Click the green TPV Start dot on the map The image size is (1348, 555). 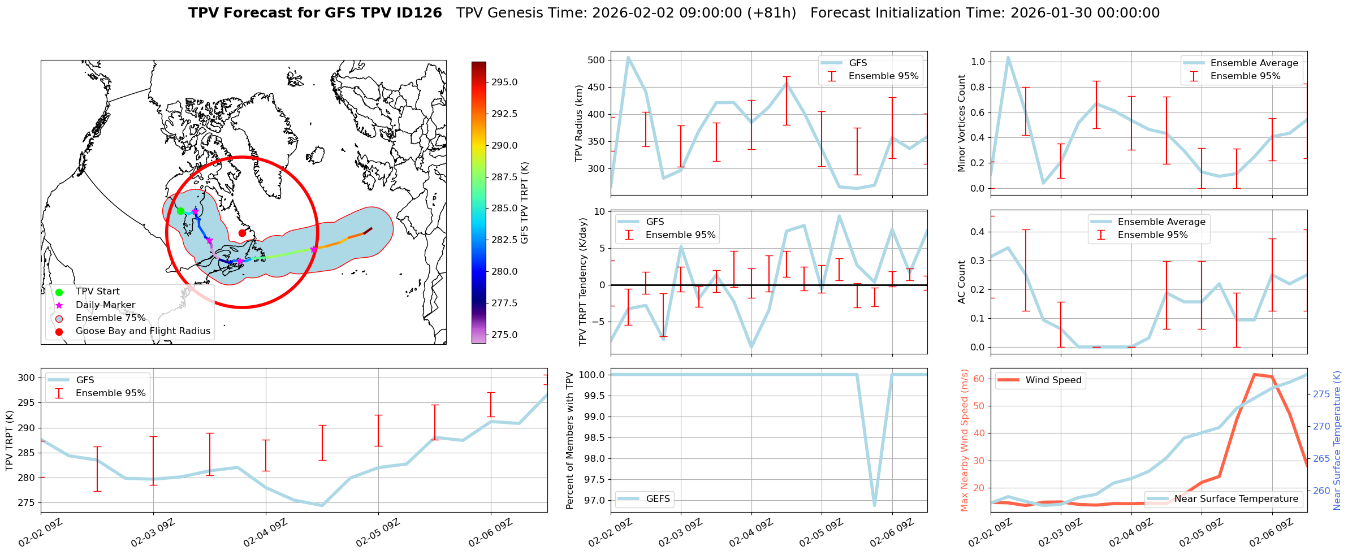pyautogui.click(x=180, y=211)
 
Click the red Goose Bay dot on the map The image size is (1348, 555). pyautogui.click(x=242, y=233)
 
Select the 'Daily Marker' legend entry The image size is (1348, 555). pyautogui.click(x=105, y=305)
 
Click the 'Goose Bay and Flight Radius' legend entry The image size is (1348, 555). pyautogui.click(x=142, y=331)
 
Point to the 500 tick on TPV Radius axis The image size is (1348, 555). pyautogui.click(x=598, y=60)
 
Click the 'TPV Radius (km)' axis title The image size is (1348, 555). pyautogui.click(x=578, y=123)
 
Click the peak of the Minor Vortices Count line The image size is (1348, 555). pyautogui.click(x=1008, y=57)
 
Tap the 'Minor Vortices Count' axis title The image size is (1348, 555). pyautogui.click(x=961, y=123)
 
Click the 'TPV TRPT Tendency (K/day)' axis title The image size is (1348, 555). pyautogui.click(x=582, y=282)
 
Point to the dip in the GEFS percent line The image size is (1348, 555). pyautogui.click(x=875, y=505)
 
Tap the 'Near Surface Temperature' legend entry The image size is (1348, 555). pyautogui.click(x=1236, y=498)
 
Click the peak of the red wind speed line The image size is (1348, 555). pyautogui.click(x=1255, y=374)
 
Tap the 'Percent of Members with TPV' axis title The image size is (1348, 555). pyautogui.click(x=569, y=440)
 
